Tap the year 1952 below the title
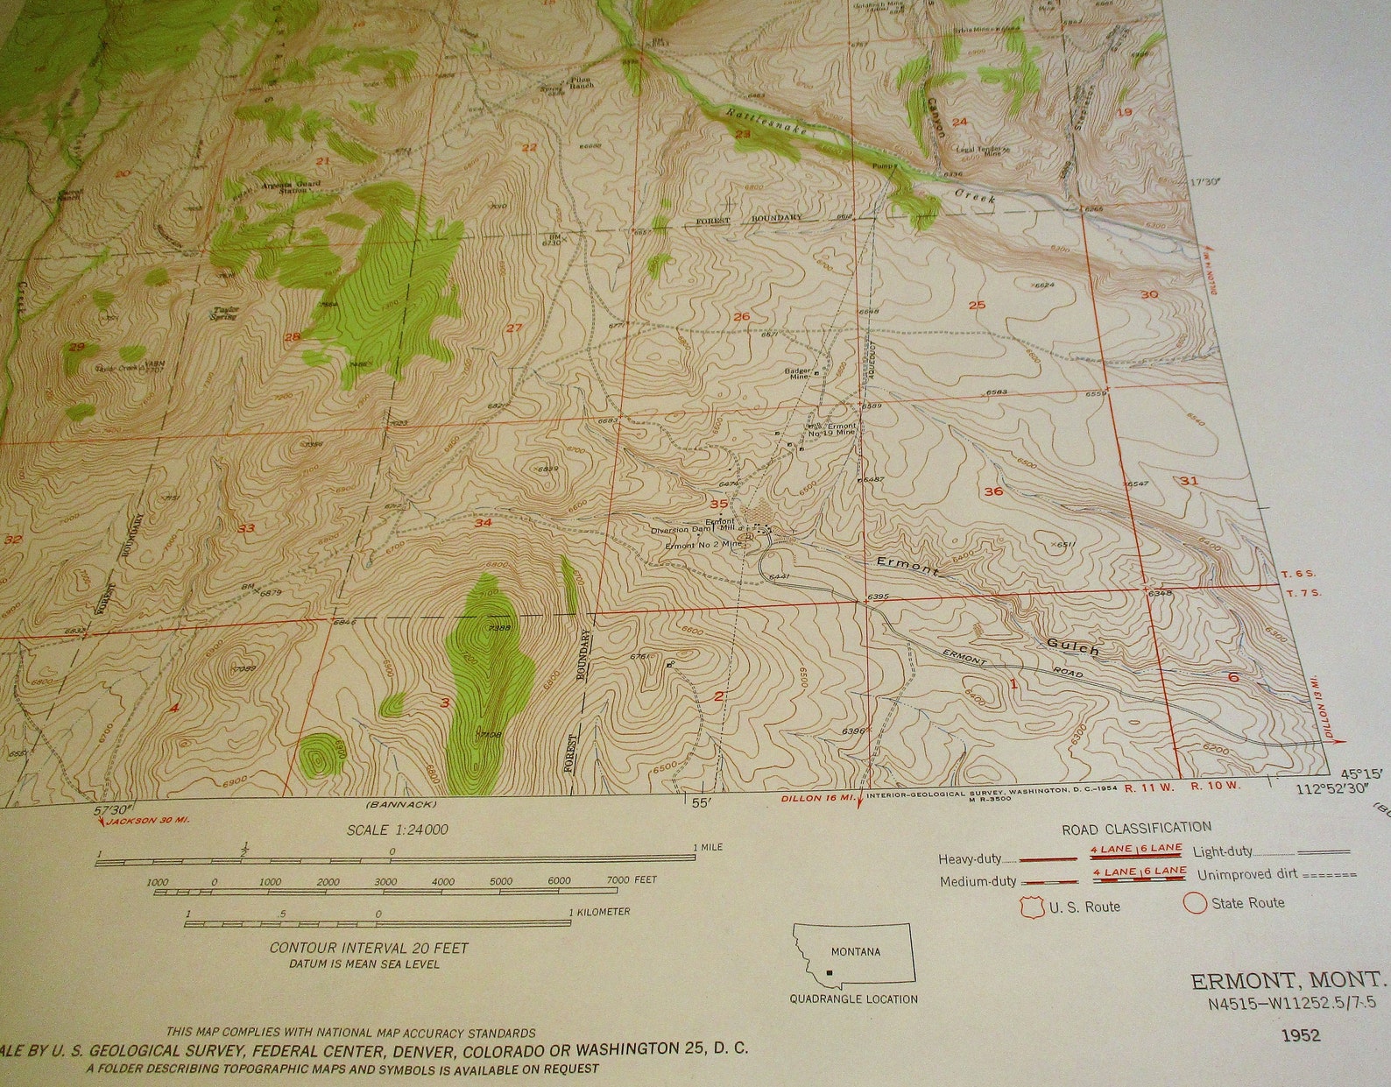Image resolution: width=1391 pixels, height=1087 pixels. coord(1301,1035)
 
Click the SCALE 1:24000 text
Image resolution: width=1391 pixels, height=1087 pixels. coord(398,829)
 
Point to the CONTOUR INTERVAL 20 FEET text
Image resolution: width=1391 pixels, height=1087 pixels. coord(369,948)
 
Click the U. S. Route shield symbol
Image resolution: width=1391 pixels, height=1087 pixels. coord(1033,906)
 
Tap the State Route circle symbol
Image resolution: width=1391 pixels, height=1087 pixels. coord(1195,902)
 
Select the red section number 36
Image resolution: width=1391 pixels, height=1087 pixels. coord(993,491)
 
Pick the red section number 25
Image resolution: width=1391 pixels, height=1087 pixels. coord(978,305)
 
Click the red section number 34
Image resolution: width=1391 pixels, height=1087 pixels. coord(483,523)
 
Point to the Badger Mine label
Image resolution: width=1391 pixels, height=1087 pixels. coord(799,372)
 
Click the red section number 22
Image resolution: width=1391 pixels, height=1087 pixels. coord(528,147)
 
